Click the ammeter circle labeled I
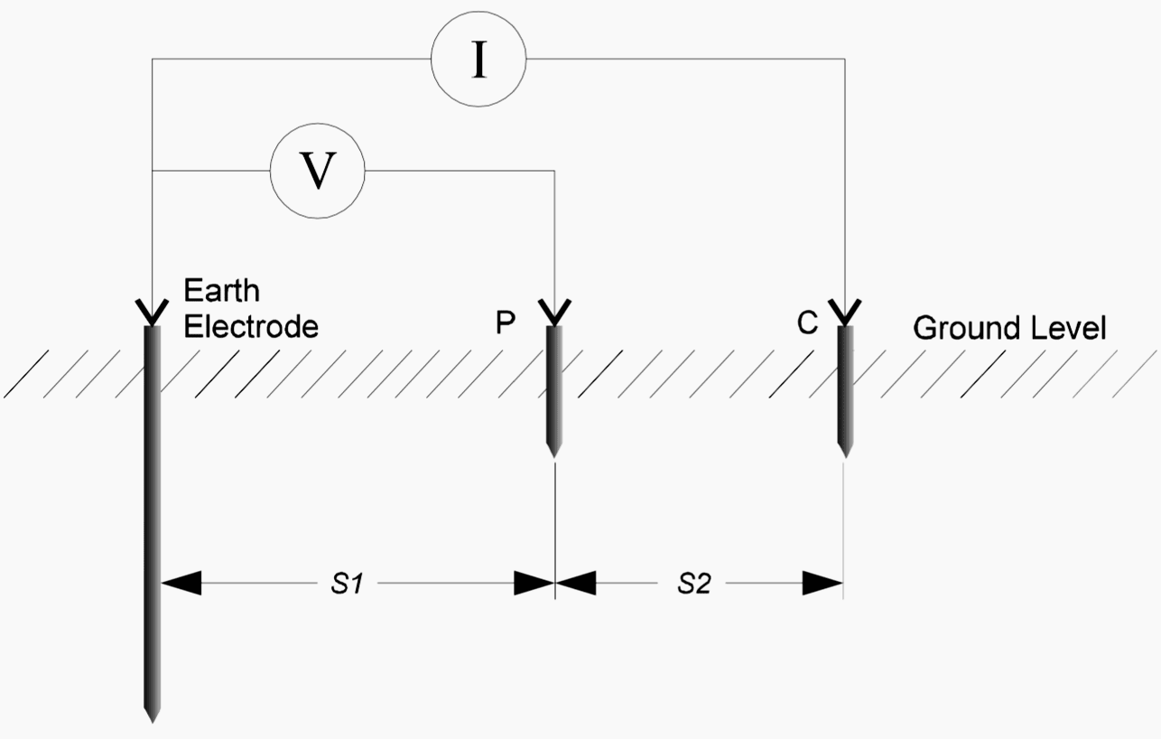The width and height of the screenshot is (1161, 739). tap(478, 61)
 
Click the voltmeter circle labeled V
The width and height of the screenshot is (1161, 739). tap(317, 170)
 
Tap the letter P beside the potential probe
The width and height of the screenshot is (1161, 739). tap(506, 323)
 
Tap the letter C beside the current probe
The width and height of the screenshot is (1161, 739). tap(808, 323)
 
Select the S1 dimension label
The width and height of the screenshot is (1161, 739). tap(346, 585)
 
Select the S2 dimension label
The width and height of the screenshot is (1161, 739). tap(694, 585)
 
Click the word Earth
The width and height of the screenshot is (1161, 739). tap(222, 291)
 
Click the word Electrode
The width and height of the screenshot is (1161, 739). tap(251, 325)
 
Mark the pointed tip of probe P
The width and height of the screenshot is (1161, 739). tap(554, 454)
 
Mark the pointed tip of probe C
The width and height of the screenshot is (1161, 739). tap(845, 454)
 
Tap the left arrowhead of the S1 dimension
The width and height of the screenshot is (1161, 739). tap(181, 584)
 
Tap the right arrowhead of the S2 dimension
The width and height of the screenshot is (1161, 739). tap(822, 584)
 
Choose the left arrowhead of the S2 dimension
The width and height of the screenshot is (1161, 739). tap(576, 584)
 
